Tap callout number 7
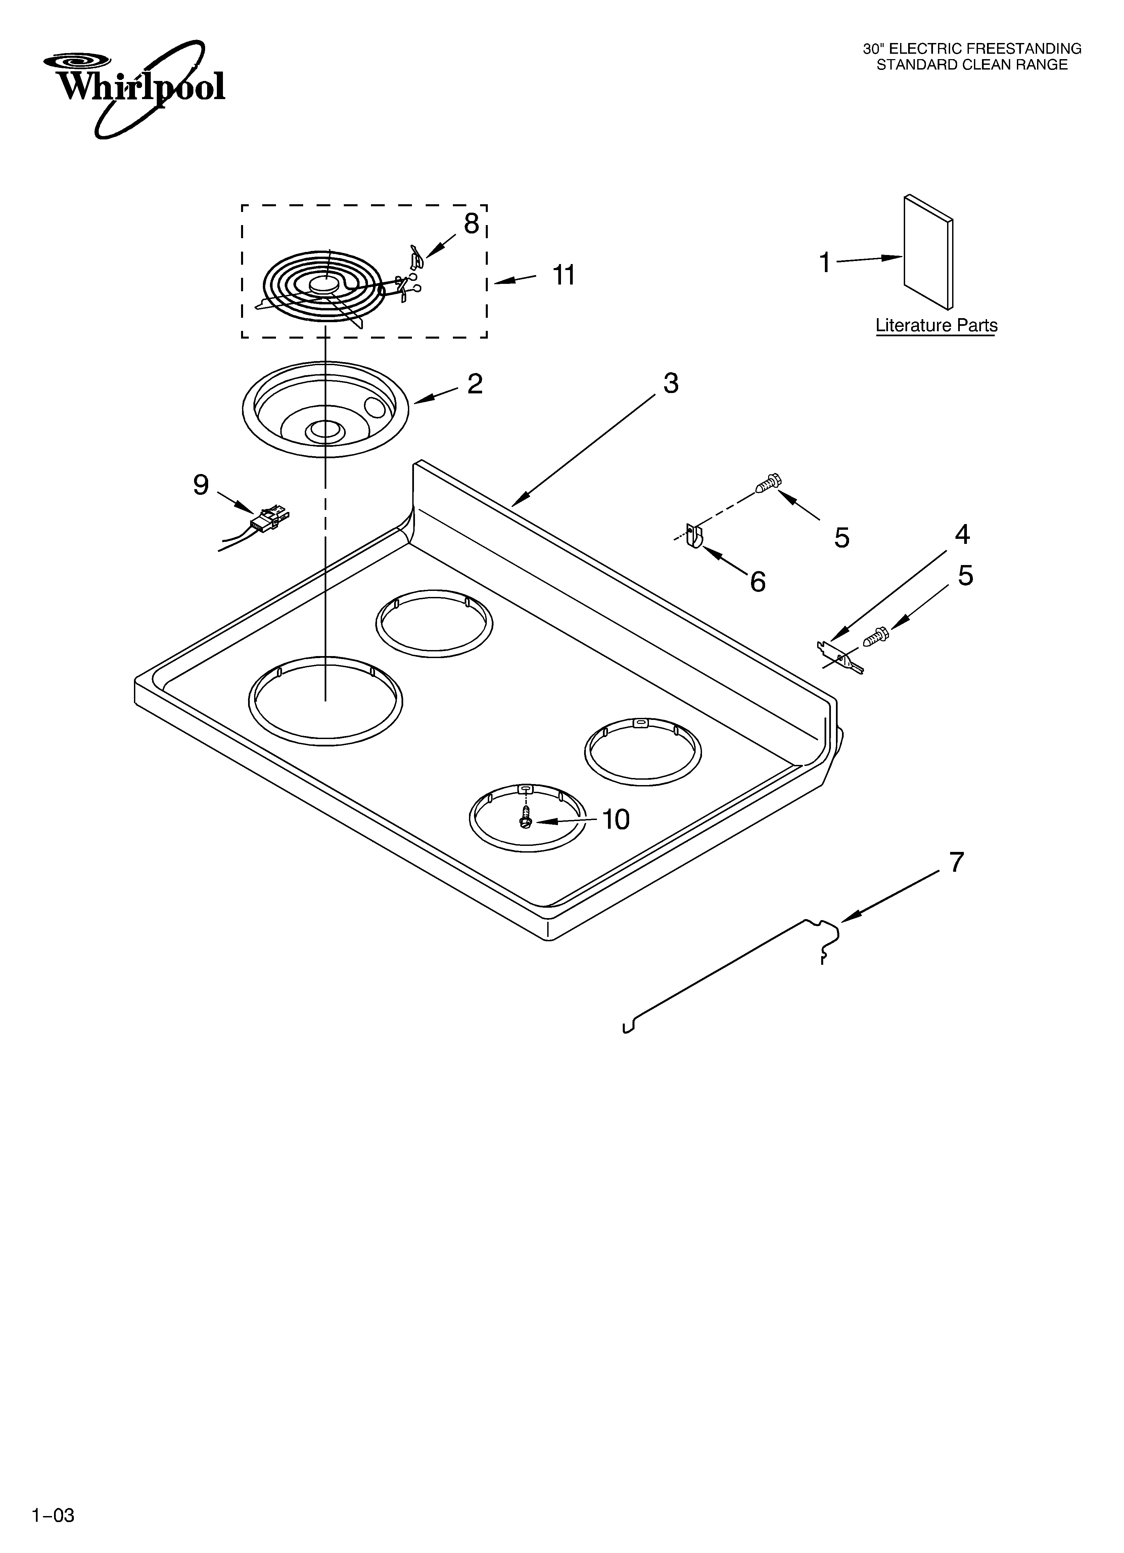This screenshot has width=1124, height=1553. click(x=956, y=862)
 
